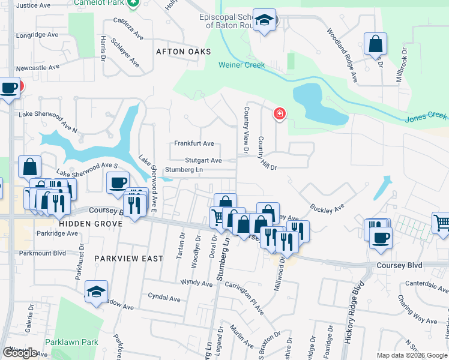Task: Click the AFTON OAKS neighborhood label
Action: [184, 52]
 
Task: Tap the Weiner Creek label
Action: [241, 65]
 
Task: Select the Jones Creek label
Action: [426, 118]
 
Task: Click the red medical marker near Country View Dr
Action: [279, 113]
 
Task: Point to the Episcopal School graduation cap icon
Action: [264, 20]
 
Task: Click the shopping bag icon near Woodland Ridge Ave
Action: [375, 44]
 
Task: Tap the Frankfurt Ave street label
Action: [194, 144]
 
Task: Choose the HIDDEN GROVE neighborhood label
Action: [91, 223]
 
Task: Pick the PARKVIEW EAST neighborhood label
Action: [128, 259]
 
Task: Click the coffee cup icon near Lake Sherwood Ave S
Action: [118, 182]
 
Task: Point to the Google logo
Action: [20, 353]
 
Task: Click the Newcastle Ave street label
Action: [38, 68]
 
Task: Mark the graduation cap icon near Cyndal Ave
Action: [96, 292]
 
